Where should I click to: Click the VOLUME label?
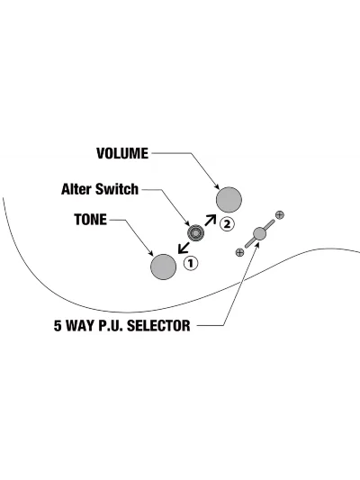pos(122,153)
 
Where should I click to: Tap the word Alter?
pos(76,189)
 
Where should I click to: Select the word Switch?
pos(117,189)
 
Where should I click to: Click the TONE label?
pos(91,220)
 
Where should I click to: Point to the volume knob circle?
pos(229,200)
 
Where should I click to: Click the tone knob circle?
pos(163,267)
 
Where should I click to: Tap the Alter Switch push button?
pos(196,233)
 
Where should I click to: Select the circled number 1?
pos(191,263)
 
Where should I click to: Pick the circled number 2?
pos(227,224)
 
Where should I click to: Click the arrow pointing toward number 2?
pos(210,220)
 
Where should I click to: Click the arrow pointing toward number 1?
pos(184,248)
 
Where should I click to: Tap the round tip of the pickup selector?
pos(260,233)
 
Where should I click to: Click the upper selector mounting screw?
pos(280,215)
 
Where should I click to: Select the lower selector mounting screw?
pos(239,252)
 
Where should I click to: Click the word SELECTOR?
pos(158,325)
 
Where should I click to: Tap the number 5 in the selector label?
pos(58,325)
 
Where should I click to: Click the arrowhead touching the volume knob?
pos(217,186)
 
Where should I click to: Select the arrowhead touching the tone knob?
pos(151,253)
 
